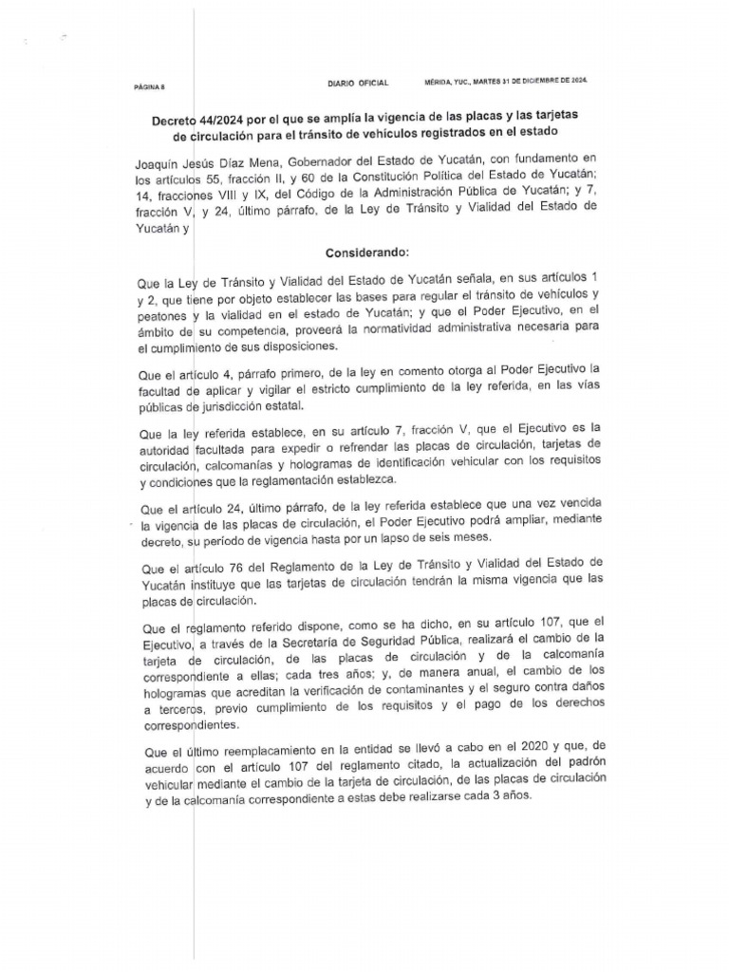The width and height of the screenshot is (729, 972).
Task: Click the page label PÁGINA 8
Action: pyautogui.click(x=150, y=86)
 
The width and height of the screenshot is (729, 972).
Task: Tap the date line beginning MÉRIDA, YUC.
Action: pyautogui.click(x=517, y=82)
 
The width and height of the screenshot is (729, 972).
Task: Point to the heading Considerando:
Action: pyautogui.click(x=367, y=253)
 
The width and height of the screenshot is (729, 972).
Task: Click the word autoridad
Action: pyautogui.click(x=164, y=449)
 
